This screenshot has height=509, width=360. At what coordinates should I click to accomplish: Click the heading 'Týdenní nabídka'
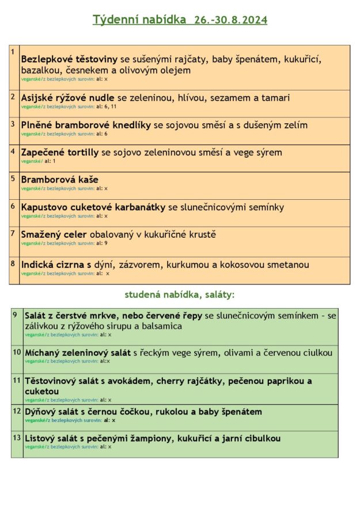tap(135, 20)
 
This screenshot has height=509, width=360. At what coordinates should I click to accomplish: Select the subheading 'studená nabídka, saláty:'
tap(180, 295)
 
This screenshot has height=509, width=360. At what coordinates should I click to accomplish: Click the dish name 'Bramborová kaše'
tap(59, 180)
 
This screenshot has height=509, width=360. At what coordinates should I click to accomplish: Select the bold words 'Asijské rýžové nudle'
tap(68, 98)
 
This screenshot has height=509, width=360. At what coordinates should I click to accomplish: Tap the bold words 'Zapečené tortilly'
tap(60, 153)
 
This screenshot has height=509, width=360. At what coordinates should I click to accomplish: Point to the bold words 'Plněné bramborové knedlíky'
tap(86, 125)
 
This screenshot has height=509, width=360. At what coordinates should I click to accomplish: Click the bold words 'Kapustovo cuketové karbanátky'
tap(93, 207)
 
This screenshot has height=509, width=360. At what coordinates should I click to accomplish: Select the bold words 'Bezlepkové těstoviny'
tap(69, 59)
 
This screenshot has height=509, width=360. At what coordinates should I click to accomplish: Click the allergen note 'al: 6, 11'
tap(106, 107)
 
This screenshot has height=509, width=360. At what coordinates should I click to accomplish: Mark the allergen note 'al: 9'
tap(102, 243)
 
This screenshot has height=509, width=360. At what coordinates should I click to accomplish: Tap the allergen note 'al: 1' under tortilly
tap(50, 161)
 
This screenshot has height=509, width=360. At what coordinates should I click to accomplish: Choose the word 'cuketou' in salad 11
tap(41, 391)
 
